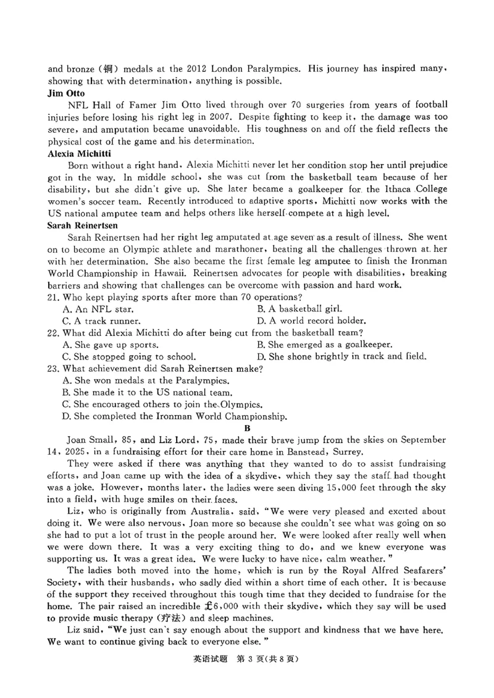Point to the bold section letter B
(247, 427)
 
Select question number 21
(54, 298)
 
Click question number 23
(54, 369)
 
